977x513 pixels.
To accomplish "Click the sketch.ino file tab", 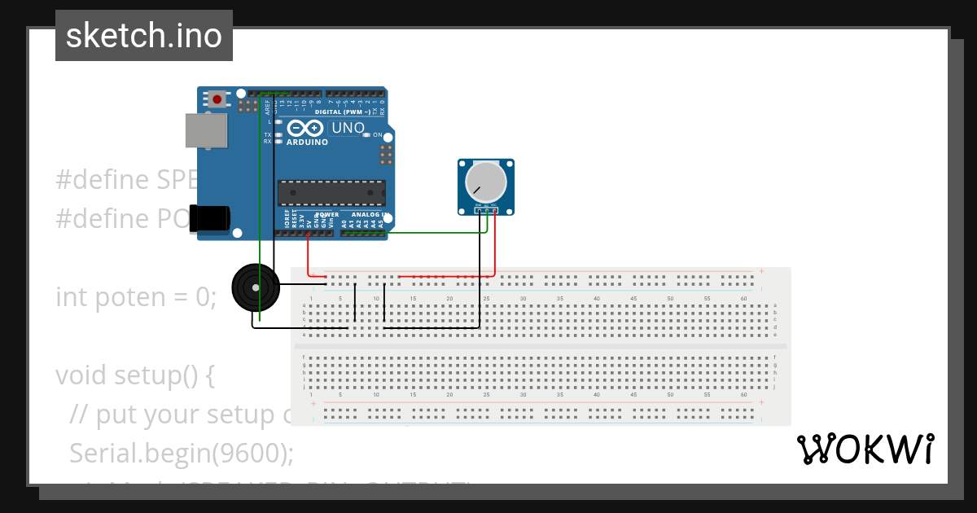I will (144, 36).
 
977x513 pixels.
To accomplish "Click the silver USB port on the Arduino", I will (207, 130).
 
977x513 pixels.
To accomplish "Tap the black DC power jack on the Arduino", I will (211, 219).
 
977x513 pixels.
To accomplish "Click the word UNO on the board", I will (348, 129).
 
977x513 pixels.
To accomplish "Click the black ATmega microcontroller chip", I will (331, 193).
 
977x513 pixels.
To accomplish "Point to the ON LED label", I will (377, 134).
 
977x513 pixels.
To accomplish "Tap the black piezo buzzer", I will (255, 287).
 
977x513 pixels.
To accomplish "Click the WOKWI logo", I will (865, 449).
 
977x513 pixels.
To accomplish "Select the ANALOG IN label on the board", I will (364, 215).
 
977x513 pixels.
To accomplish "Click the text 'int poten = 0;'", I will (136, 297).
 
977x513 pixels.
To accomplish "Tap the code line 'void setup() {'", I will (135, 375).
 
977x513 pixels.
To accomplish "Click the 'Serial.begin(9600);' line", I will (181, 453).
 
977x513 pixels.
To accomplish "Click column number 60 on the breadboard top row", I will (743, 299).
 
